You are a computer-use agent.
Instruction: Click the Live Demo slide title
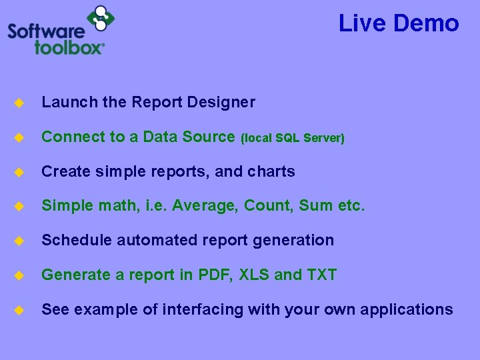(399, 23)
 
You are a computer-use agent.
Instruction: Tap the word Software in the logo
(47, 31)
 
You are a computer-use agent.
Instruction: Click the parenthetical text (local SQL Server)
(292, 138)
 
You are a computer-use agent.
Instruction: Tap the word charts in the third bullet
(271, 171)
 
